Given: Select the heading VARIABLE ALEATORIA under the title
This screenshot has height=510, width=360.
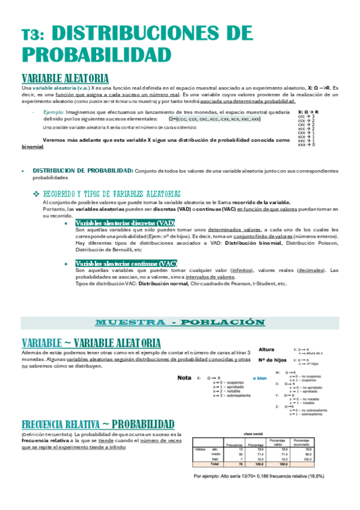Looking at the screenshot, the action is (65, 79).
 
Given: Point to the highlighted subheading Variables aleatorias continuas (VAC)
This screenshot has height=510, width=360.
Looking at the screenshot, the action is (126, 263).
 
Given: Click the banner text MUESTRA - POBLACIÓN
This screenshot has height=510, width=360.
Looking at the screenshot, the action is (180, 322).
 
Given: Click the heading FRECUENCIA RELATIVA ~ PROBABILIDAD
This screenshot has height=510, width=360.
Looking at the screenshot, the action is (97, 423).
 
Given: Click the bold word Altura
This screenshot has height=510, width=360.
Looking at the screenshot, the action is (267, 349).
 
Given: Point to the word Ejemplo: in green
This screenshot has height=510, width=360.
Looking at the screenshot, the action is (56, 112).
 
